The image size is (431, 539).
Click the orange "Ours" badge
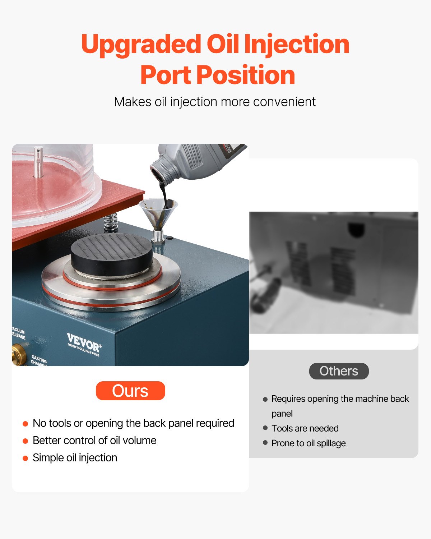click(130, 391)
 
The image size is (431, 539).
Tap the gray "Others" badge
click(339, 371)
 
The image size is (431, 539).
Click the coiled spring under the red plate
click(111, 223)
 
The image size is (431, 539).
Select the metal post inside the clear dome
click(38, 162)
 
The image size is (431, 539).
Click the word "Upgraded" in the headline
click(141, 45)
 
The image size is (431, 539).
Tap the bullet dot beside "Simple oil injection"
click(25, 458)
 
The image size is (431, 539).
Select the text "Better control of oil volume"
click(94, 440)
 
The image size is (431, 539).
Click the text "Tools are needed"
click(305, 428)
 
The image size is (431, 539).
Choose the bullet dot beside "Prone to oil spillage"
click(265, 443)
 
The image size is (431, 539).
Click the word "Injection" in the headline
click(297, 45)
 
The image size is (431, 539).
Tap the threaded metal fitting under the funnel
click(158, 236)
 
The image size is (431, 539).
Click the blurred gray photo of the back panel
click(334, 272)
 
